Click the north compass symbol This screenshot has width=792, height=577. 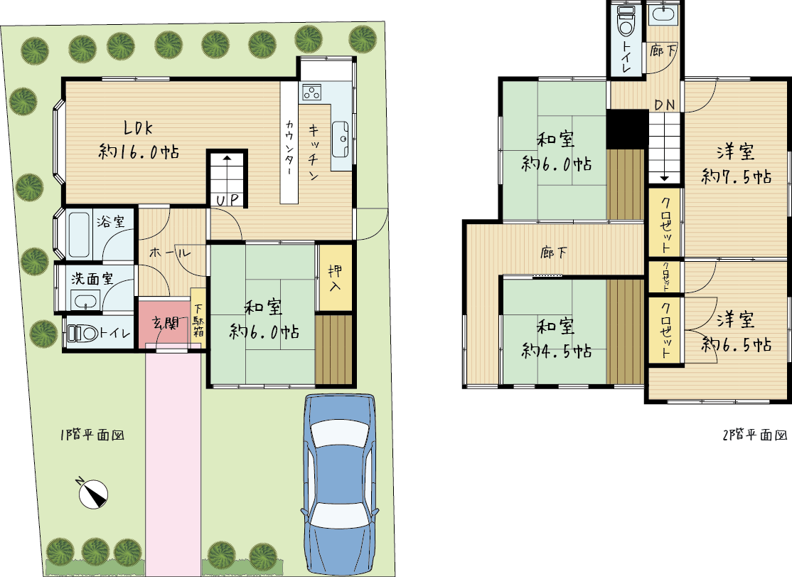(93, 493)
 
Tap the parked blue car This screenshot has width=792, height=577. (339, 484)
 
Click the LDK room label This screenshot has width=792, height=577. (138, 128)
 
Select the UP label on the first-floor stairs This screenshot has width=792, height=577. (228, 200)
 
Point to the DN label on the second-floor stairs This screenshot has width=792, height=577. (665, 105)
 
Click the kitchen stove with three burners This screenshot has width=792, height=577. (311, 92)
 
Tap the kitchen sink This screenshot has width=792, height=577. (341, 139)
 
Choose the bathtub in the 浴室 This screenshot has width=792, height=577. (80, 235)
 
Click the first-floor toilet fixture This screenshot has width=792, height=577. (83, 333)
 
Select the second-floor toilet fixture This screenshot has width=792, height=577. (626, 22)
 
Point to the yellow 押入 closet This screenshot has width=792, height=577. (335, 277)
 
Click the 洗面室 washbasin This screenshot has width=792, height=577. (85, 301)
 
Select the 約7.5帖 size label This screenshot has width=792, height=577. (737, 176)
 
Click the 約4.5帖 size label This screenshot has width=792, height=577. (557, 350)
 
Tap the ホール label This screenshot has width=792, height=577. (170, 252)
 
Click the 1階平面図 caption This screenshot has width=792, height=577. (92, 435)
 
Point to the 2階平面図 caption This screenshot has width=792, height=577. (754, 435)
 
